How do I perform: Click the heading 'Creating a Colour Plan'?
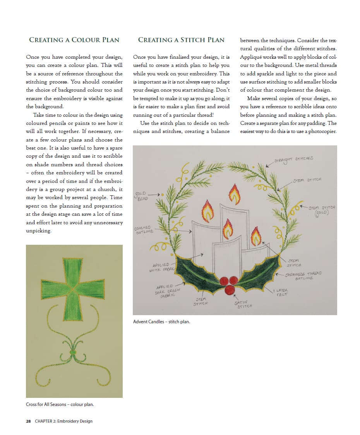pyautogui.click(x=74, y=40)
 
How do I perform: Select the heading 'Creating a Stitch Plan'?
pyautogui.click(x=181, y=40)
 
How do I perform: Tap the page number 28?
pyautogui.click(x=28, y=421)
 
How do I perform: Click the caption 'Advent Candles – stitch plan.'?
pyautogui.click(x=161, y=321)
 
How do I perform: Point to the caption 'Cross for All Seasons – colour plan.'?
pyautogui.click(x=60, y=404)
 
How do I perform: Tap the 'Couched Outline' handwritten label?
pyautogui.click(x=144, y=230)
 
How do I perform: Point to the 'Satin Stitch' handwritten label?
pyautogui.click(x=243, y=304)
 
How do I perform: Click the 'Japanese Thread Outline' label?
pyautogui.click(x=303, y=275)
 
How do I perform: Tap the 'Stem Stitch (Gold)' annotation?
pyautogui.click(x=322, y=210)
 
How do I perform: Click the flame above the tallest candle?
pyautogui.click(x=234, y=193)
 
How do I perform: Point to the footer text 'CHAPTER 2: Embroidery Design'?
pyautogui.click(x=63, y=421)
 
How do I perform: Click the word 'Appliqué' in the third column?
pyautogui.click(x=252, y=57)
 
